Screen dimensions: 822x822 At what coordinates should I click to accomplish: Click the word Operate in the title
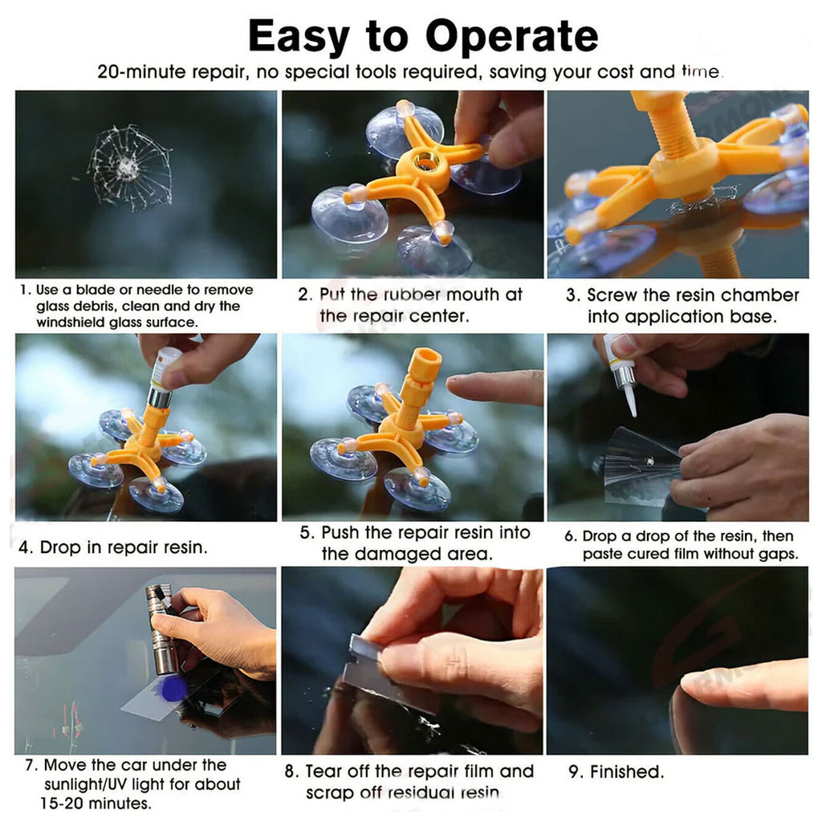511,37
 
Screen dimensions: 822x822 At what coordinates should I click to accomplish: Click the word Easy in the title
299,37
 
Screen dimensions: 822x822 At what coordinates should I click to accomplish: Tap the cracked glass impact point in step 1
126,166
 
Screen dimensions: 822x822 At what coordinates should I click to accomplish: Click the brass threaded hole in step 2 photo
422,162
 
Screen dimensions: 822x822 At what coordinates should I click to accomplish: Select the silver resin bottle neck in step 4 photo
161,397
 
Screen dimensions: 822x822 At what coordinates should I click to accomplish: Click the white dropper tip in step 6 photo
631,405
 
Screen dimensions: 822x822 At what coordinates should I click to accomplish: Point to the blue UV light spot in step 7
173,689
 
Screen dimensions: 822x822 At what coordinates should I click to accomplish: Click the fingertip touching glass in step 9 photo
691,687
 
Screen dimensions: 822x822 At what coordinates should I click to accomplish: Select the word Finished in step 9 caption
626,771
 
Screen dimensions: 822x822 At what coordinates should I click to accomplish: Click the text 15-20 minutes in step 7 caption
96,803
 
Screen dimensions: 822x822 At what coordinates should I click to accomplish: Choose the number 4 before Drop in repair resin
23,547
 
